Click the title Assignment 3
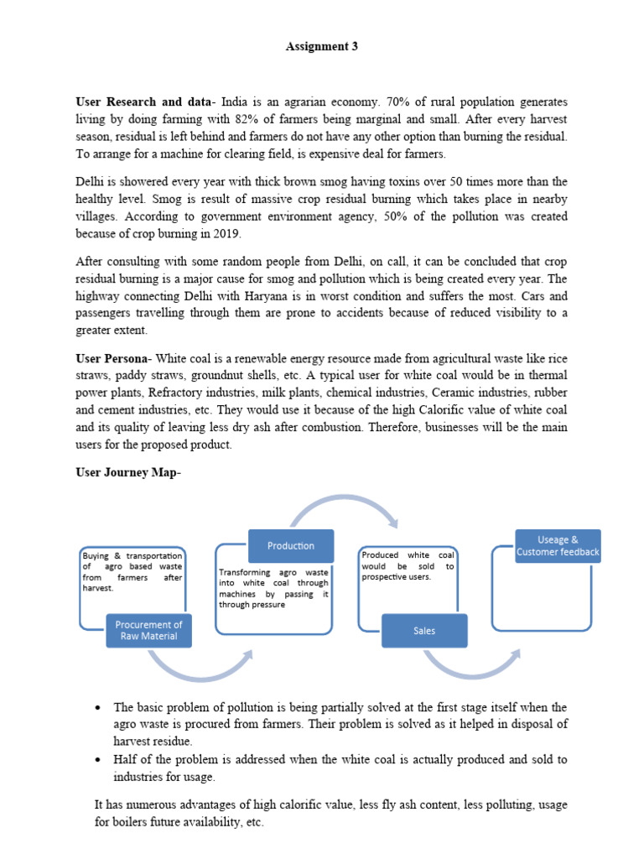[x=322, y=47]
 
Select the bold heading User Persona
[x=113, y=358]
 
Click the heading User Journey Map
[x=127, y=472]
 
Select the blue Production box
[x=291, y=546]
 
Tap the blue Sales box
[x=424, y=631]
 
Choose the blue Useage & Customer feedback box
[x=558, y=546]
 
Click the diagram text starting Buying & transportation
[x=132, y=571]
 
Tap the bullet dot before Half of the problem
[x=99, y=760]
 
